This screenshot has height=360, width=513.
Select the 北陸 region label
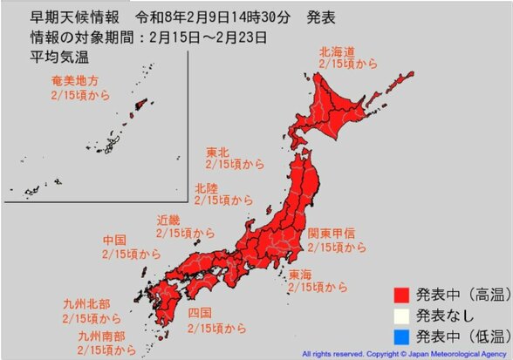[207, 187]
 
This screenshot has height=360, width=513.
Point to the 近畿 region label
[168, 221]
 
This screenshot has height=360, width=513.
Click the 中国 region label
[116, 240]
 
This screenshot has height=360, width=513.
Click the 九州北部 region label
[87, 304]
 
